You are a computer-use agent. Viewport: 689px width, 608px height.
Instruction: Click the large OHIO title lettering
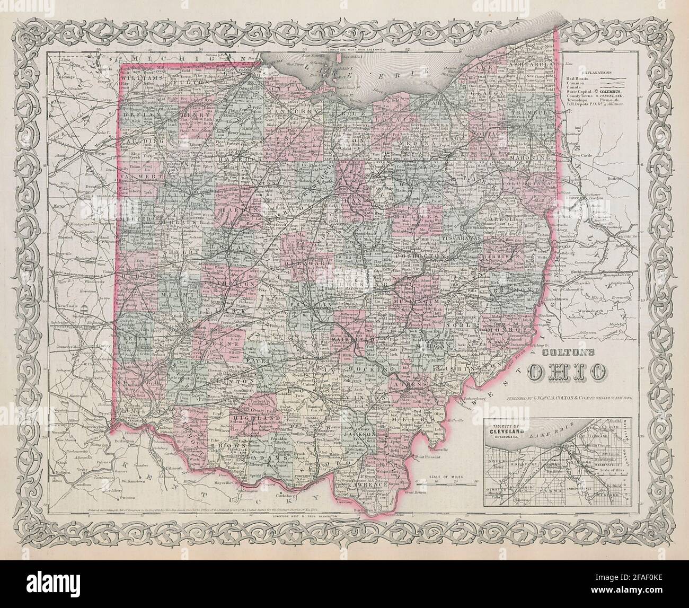[566, 372]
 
